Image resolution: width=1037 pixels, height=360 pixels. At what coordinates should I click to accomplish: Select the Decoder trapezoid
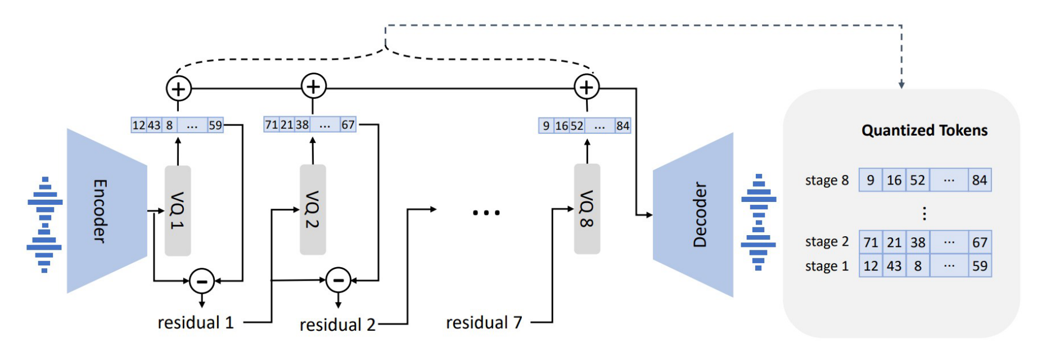point(695,214)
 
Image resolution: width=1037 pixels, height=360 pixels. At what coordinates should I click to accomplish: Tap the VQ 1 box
point(178,210)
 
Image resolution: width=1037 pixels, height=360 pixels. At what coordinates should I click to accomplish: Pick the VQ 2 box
point(313,209)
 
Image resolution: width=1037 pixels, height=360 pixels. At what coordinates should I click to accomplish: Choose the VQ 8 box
point(587,209)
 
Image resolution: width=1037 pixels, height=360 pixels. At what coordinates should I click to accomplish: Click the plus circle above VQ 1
point(178,89)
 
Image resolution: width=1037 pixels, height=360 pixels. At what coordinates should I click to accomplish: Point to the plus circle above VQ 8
point(587,87)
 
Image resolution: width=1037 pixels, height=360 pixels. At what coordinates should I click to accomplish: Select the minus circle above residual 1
point(202,281)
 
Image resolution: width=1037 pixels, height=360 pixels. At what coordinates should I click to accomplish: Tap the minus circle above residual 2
point(338,280)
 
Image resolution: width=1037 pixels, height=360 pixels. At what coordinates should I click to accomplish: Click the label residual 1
point(195,323)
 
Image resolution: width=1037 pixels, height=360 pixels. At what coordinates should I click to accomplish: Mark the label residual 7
point(484,323)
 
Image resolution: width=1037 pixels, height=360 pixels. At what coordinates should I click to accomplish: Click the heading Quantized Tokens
point(924,130)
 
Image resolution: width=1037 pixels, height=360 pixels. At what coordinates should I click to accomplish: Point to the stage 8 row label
point(827,181)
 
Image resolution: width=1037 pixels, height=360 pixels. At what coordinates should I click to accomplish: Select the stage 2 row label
point(827,242)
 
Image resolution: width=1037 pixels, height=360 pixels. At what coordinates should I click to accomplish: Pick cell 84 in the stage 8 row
point(979,181)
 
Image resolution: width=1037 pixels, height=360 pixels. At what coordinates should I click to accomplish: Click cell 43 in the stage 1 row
point(894,266)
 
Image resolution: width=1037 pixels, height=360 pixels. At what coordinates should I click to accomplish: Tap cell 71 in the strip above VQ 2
point(271,124)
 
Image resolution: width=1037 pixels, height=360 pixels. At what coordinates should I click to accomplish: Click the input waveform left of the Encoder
point(44,224)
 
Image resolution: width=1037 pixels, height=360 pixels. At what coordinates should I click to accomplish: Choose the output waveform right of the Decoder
point(759,222)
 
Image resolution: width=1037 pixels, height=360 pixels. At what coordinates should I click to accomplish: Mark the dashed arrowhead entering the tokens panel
point(901,84)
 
